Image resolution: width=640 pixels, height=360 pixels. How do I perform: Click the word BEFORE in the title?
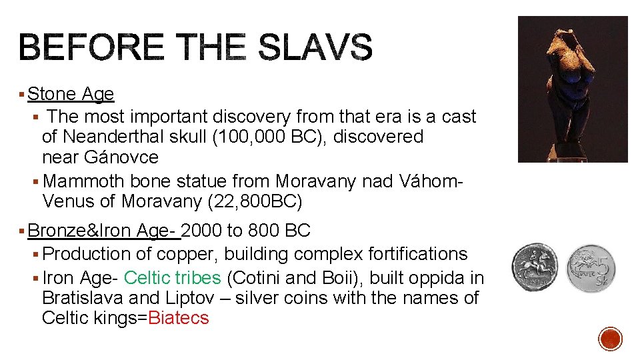point(91,48)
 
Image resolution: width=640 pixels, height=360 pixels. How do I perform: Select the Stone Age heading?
point(71,94)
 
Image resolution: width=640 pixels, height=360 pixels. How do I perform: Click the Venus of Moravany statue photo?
point(573,89)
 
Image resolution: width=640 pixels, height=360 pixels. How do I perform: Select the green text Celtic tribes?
point(172,277)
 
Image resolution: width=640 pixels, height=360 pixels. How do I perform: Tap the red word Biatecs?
point(179,318)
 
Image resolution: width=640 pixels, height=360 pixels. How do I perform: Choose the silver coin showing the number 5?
point(591,268)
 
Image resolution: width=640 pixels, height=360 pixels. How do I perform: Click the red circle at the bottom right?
point(610,339)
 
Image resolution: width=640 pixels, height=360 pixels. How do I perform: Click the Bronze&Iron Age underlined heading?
point(104,231)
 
